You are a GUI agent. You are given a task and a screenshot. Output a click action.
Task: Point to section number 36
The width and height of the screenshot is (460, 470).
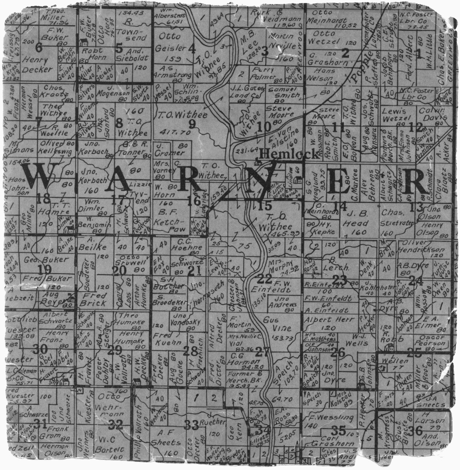click(x=416, y=430)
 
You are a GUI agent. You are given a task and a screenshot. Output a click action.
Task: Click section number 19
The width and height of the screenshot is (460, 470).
click(x=45, y=270)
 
